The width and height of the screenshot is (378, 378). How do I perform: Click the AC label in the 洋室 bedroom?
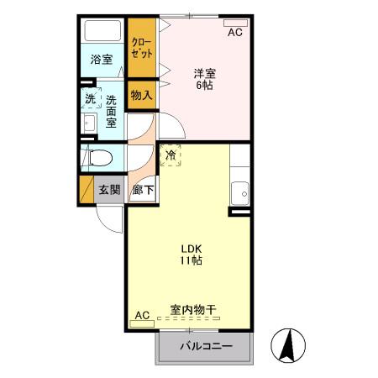click(x=235, y=33)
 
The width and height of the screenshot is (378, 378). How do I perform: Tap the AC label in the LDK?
click(x=141, y=315)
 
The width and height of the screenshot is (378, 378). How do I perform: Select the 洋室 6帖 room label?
click(x=206, y=79)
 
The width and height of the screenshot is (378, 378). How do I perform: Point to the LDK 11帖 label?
click(x=189, y=254)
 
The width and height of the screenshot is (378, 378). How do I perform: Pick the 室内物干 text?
click(x=193, y=310)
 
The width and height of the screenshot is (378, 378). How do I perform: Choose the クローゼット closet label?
click(x=141, y=47)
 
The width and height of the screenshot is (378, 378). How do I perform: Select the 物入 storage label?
click(x=141, y=95)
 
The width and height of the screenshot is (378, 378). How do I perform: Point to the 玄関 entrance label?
click(x=110, y=189)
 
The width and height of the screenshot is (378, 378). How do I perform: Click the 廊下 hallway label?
click(x=143, y=190)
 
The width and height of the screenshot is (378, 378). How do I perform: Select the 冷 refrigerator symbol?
click(x=171, y=155)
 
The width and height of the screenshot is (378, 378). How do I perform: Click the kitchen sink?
click(x=241, y=192)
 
